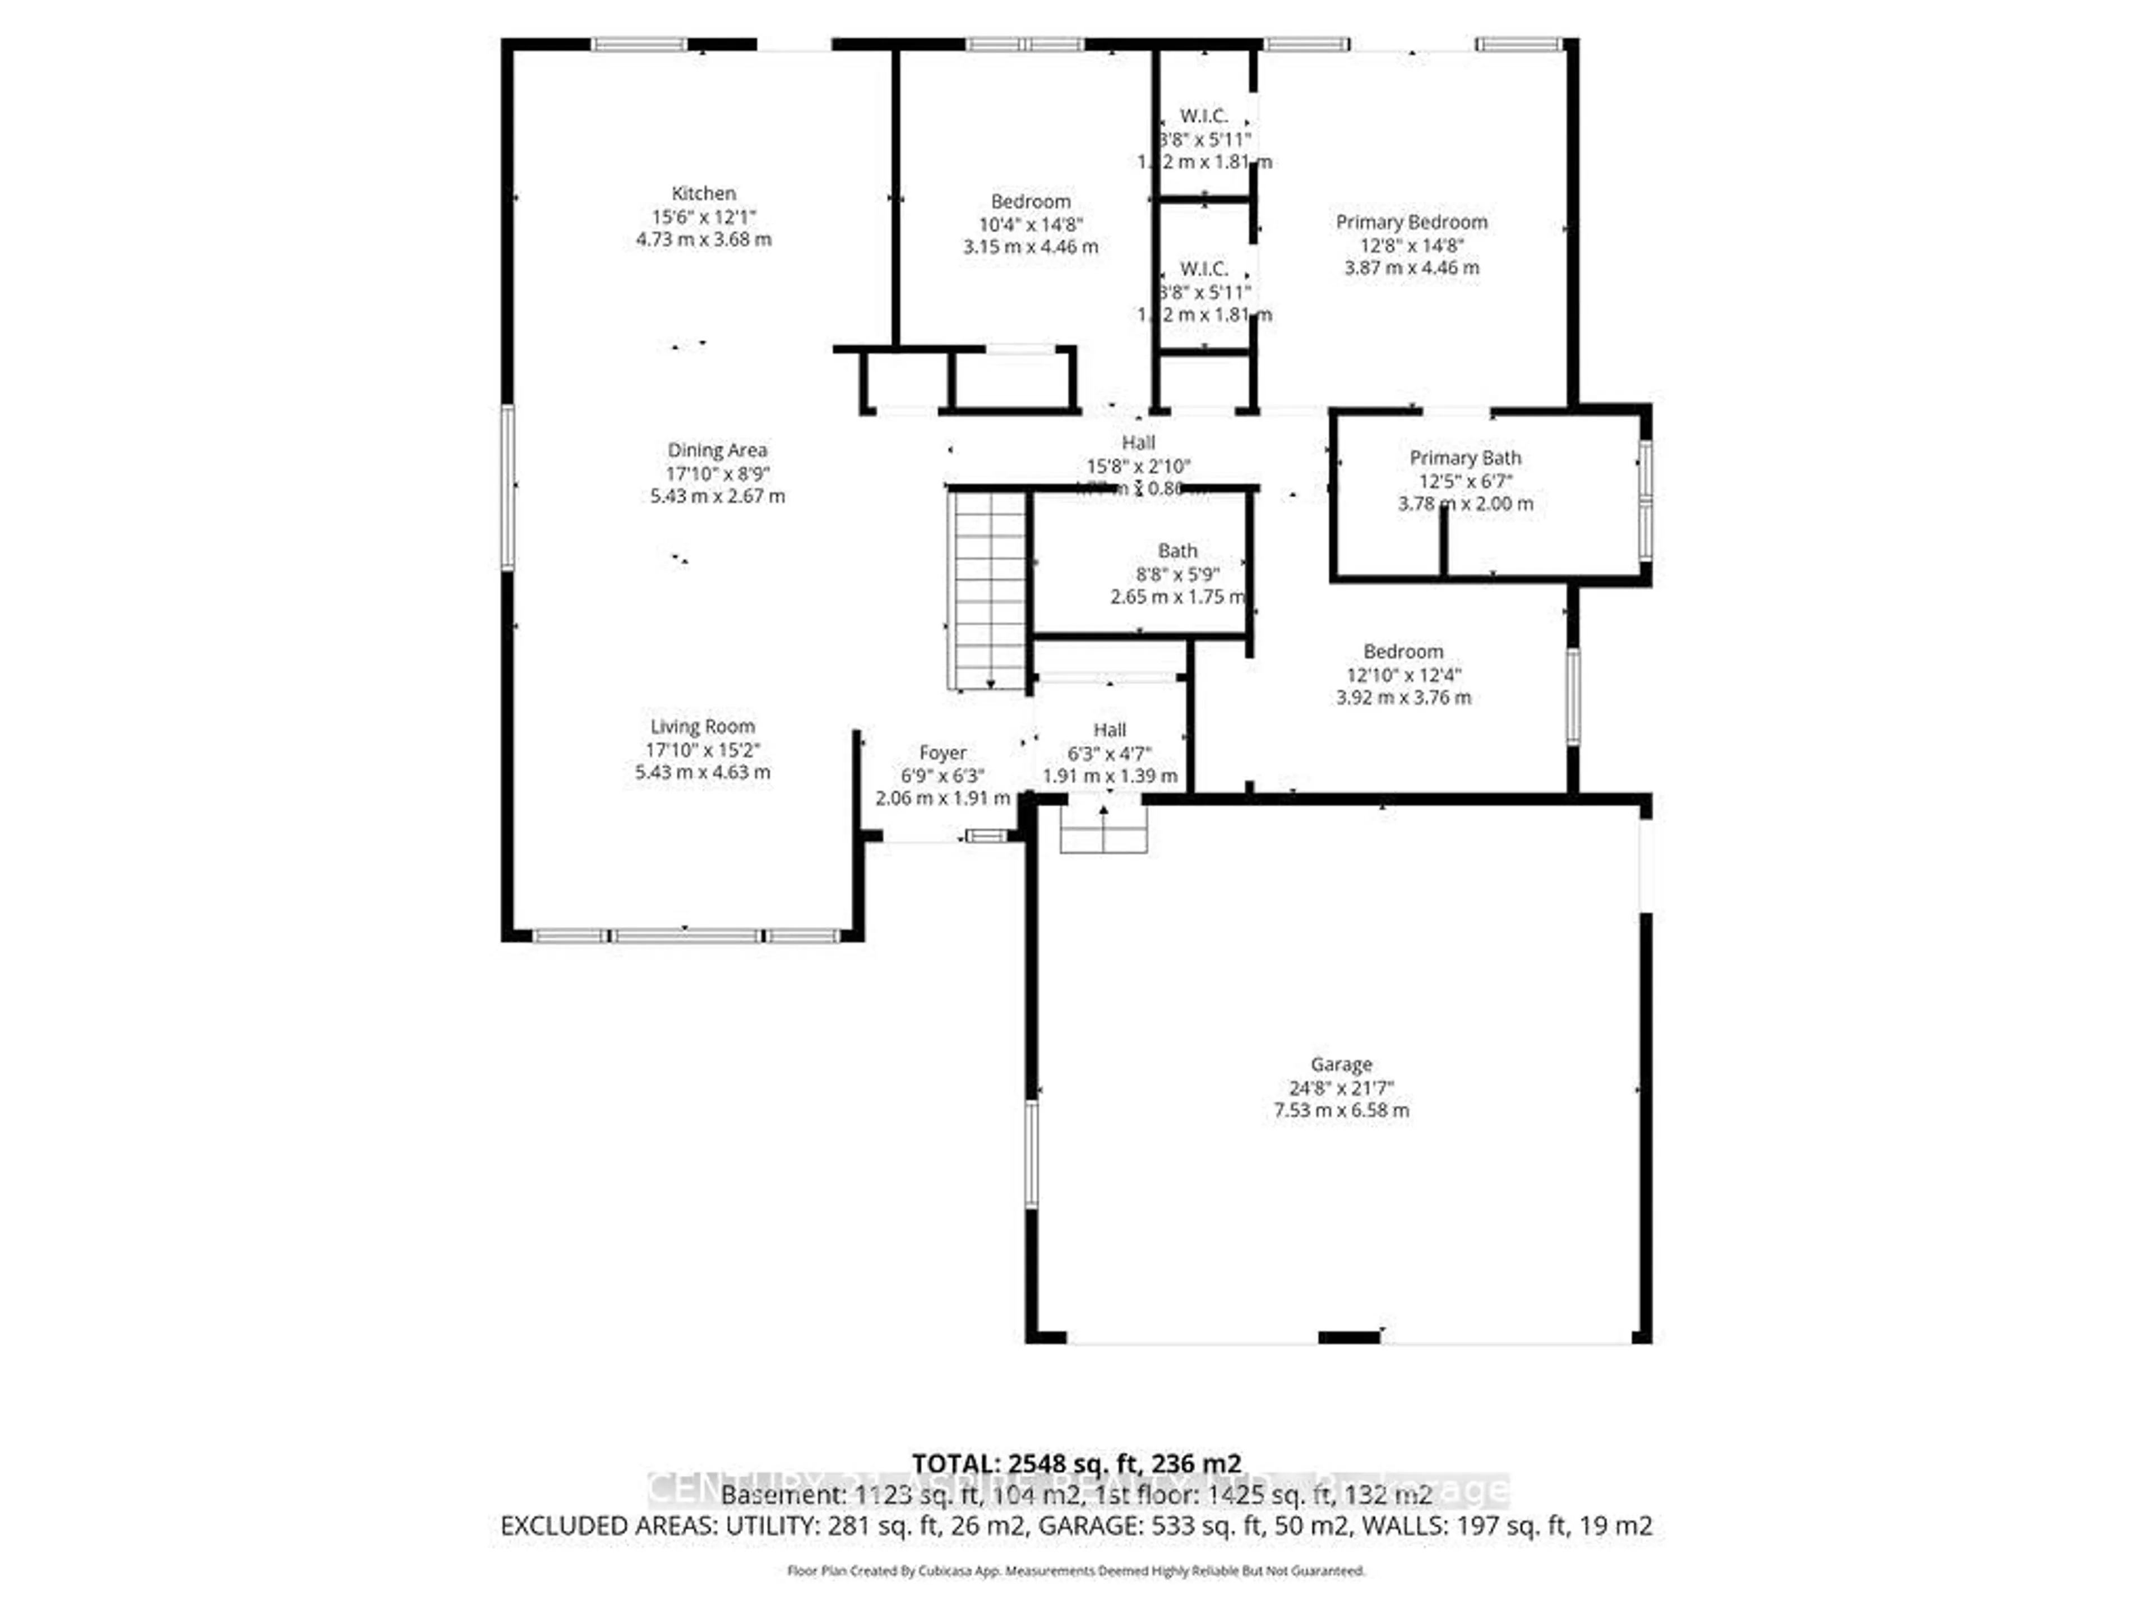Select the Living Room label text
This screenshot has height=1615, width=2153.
tap(702, 726)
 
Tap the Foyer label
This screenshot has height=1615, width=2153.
tap(942, 753)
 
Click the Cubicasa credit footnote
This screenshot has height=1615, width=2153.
tap(1075, 1570)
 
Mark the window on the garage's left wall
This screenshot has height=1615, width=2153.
tap(1032, 1153)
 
